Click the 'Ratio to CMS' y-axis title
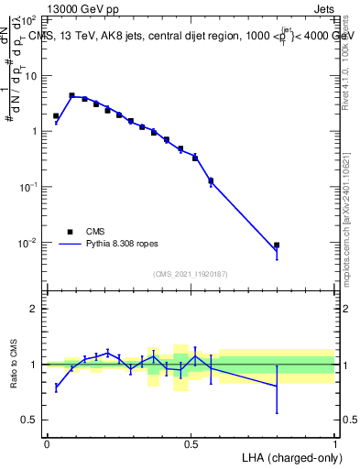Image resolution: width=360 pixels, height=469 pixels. pos(14,364)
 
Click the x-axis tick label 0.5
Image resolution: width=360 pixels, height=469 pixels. pos(191,442)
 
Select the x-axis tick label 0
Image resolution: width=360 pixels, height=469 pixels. pos(47,442)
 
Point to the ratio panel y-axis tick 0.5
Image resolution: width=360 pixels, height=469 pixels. pos(29,420)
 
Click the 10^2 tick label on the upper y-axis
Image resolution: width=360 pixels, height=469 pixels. pos(27,19)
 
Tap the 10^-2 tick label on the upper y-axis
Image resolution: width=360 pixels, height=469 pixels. pos(27,243)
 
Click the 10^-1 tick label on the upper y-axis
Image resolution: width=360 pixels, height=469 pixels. pos(27,187)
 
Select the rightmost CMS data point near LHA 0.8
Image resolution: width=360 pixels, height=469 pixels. pos(277,245)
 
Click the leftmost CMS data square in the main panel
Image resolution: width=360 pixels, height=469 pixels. pos(56,116)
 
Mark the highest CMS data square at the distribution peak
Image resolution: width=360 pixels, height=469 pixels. pos(71,95)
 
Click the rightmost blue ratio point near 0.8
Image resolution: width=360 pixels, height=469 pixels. pos(277,386)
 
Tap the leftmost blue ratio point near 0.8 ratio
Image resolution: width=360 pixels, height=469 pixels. pos(56,387)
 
